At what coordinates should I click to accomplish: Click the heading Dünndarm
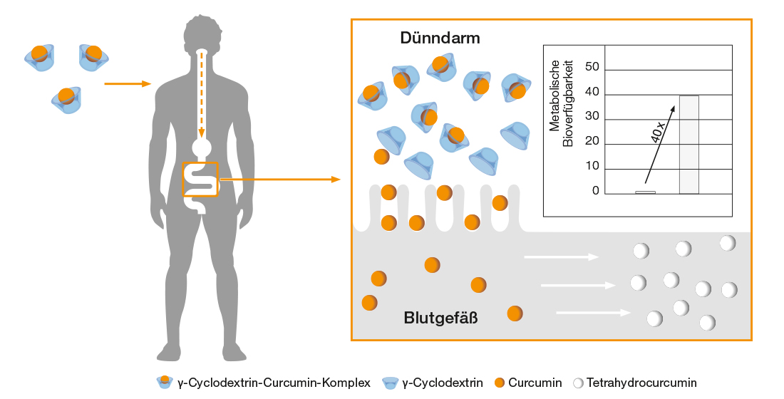point(440,38)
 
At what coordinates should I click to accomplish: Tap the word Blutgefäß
point(440,318)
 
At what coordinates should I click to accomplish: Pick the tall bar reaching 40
point(688,144)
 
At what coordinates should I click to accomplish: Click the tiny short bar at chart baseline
point(645,192)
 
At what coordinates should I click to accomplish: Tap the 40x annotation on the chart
point(658,133)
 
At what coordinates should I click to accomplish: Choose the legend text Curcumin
point(535,383)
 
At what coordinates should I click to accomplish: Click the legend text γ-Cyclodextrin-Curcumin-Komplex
point(274,383)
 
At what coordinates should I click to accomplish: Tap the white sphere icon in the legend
point(578,383)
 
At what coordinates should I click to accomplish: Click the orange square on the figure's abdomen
point(200,180)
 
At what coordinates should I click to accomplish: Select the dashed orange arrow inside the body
point(202,96)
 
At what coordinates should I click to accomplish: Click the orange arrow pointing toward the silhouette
point(128,84)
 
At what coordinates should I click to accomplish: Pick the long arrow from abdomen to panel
point(279,180)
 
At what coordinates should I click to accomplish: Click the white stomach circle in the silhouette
point(202,147)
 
